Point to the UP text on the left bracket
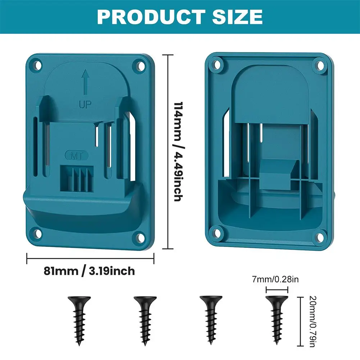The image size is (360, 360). coord(85,104)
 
